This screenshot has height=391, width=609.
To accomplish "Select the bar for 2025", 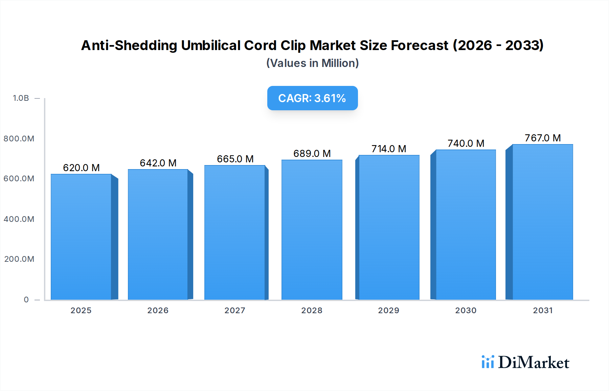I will (81, 237).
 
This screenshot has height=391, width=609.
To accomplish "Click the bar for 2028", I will (312, 230).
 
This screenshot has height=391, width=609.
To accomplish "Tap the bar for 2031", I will (543, 222).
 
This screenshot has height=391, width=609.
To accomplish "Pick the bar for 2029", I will (389, 227).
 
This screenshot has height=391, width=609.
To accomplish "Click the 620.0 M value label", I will (81, 168).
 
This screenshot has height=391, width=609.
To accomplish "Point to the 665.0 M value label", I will (235, 159).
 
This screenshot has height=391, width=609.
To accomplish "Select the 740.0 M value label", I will (466, 143).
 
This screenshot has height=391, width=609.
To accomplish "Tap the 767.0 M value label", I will (543, 138).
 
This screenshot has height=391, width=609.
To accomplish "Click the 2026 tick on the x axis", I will (158, 310).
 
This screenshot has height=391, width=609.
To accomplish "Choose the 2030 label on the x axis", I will (466, 310).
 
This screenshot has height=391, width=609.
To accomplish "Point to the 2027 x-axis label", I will (235, 310).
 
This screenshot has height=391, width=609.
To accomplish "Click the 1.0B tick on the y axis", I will (21, 98).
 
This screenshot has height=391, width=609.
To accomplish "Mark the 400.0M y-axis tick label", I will (19, 219).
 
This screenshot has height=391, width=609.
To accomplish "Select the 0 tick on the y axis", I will (26, 300).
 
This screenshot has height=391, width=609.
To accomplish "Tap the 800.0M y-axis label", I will (19, 139).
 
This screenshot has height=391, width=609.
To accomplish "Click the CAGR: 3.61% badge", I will (312, 98).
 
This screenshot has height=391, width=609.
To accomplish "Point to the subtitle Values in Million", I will (312, 63).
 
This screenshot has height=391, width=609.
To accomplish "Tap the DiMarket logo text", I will (534, 363).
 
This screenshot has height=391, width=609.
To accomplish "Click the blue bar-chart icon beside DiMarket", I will (488, 362).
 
